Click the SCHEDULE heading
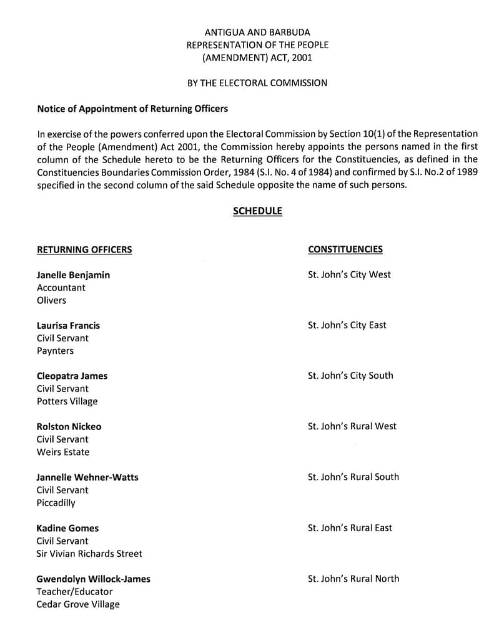click(x=257, y=211)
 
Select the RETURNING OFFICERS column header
click(x=84, y=250)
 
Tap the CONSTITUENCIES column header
click(x=345, y=249)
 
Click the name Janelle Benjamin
click(x=73, y=275)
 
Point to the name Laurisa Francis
click(x=68, y=326)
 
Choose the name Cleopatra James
click(x=72, y=376)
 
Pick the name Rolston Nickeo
click(x=69, y=427)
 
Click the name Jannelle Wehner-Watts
click(x=87, y=477)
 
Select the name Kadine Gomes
click(x=67, y=528)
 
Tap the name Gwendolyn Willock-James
click(x=93, y=579)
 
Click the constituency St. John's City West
click(x=349, y=274)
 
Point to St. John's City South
click(x=350, y=376)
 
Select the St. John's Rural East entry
click(x=350, y=528)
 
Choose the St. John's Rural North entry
click(x=353, y=579)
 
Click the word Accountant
click(x=61, y=288)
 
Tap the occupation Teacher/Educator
click(x=74, y=591)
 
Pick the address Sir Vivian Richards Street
click(x=89, y=554)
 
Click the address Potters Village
click(x=67, y=401)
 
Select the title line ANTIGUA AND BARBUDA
click(x=257, y=32)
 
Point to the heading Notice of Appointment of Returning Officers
click(x=132, y=109)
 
